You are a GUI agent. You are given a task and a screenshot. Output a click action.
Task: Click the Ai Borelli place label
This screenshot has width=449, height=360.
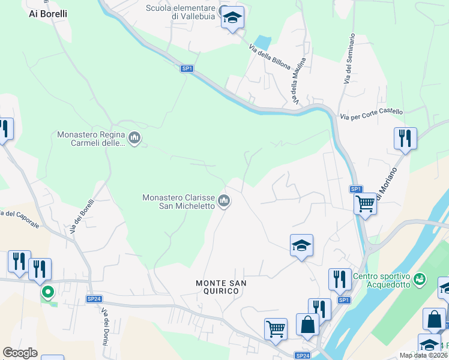(x=48, y=13)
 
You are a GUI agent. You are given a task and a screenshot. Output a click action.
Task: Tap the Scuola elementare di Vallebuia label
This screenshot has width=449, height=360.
(x=181, y=12)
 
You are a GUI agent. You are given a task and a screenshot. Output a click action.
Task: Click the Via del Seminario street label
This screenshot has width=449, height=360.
(x=349, y=58)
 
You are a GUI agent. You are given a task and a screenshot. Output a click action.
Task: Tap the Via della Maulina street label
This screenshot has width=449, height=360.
(x=298, y=79)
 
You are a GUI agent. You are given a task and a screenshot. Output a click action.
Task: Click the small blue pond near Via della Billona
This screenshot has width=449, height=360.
(x=262, y=43)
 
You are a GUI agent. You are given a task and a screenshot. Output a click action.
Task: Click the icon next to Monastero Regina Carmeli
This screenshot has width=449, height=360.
(x=134, y=139)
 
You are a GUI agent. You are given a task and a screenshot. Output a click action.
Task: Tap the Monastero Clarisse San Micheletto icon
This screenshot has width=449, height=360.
(x=224, y=201)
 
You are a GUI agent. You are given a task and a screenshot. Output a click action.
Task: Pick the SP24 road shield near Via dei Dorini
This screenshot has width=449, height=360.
(x=94, y=299)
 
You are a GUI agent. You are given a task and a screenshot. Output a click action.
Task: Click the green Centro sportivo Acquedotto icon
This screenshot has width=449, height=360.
(x=419, y=279)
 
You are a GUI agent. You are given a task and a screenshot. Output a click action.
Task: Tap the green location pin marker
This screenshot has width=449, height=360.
(x=47, y=292)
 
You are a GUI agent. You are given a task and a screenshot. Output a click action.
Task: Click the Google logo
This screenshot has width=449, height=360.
(x=20, y=353)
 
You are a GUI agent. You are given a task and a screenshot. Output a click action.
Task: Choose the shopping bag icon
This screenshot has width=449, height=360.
(x=307, y=325)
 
